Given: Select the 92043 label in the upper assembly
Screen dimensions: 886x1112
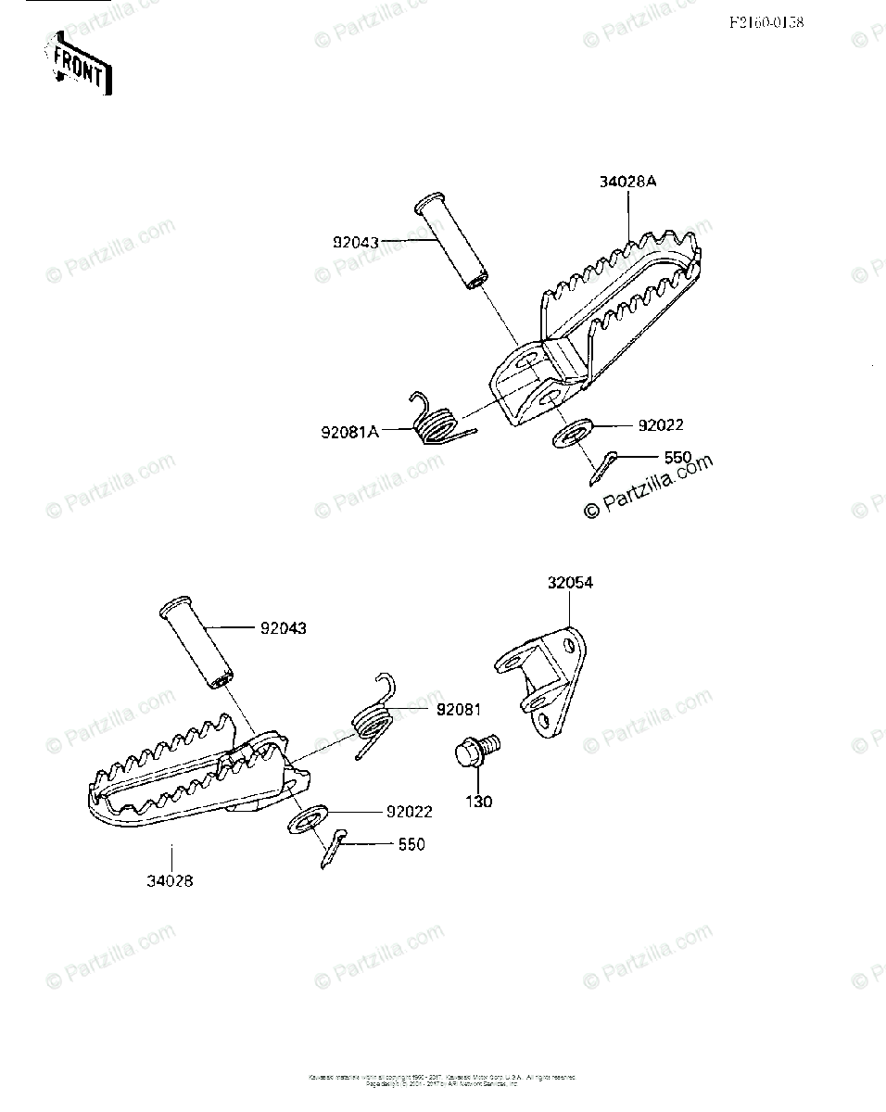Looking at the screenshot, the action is (x=356, y=243).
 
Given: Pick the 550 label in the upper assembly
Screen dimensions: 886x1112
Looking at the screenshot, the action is (x=677, y=457).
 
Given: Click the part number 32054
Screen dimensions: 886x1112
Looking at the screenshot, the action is (x=570, y=583).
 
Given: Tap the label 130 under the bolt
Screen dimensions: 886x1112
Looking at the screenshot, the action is (x=478, y=802).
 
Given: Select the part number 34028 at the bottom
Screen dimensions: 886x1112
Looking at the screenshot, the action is (x=170, y=880).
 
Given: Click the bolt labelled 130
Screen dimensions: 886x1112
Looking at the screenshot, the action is (x=475, y=751).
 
